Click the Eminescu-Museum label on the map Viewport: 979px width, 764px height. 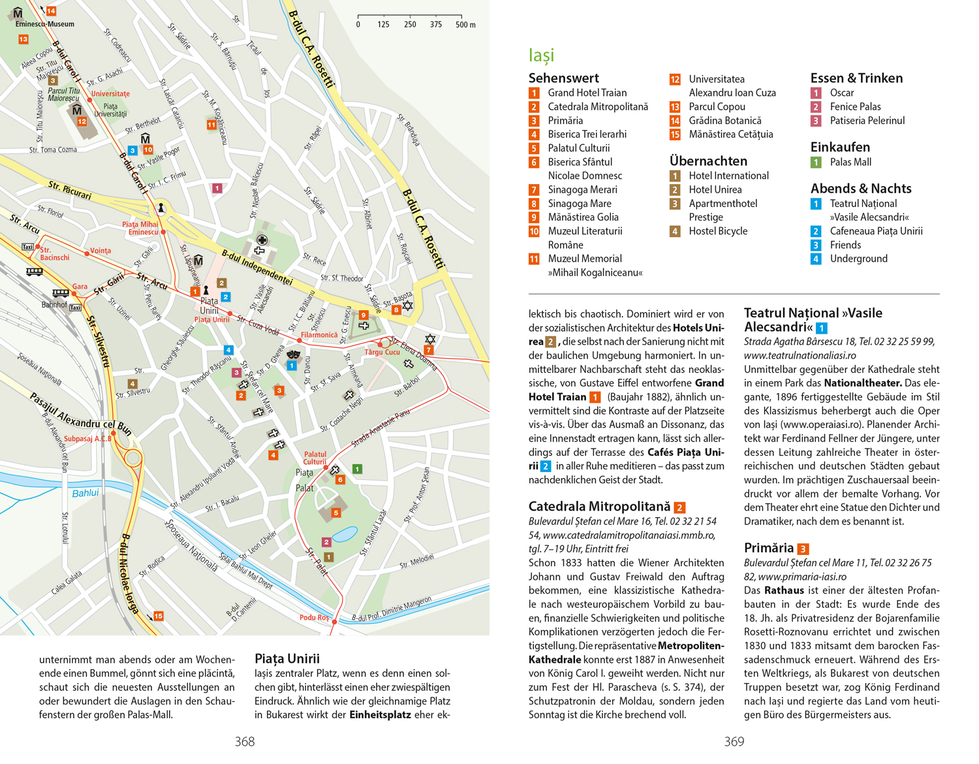coord(44,24)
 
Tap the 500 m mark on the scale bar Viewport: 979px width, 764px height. coord(465,25)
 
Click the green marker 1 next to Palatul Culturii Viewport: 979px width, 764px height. coord(357,469)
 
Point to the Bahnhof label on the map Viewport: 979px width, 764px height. coord(54,305)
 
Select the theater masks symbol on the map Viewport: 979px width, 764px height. coord(293,355)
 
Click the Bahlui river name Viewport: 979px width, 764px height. coord(85,493)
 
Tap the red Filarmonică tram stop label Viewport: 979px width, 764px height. coord(319,335)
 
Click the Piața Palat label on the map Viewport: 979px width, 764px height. coord(305,480)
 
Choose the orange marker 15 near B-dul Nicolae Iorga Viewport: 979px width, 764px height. coord(158,616)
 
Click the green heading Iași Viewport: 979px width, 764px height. coord(541,56)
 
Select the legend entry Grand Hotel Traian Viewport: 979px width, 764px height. coord(587,93)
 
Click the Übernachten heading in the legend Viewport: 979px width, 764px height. coord(708,161)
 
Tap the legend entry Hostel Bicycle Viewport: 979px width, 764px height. coord(718,231)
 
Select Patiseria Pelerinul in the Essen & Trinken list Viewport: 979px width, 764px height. coord(867,120)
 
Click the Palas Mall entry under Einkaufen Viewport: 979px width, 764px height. coord(850,162)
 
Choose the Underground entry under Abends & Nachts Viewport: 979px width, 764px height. coord(858,259)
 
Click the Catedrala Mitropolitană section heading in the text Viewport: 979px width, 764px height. coord(599,506)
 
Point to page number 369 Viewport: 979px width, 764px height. coord(734,742)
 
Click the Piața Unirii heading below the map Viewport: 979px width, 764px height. coord(287,658)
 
